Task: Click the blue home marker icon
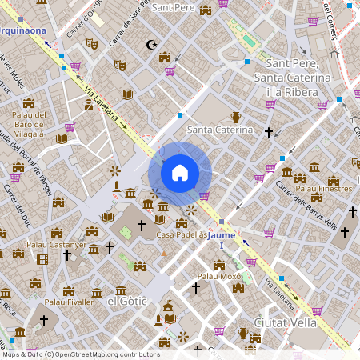click(x=180, y=172)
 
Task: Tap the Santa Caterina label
click(x=214, y=129)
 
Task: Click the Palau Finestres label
click(x=323, y=189)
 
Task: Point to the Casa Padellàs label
click(x=182, y=235)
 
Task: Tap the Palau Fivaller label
click(x=68, y=302)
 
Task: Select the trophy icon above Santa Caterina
click(x=236, y=117)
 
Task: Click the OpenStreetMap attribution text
click(x=80, y=354)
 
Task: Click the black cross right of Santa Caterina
click(x=269, y=132)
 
